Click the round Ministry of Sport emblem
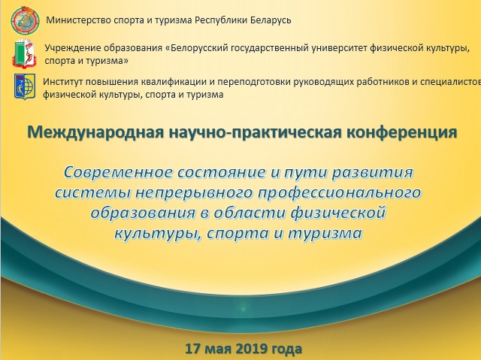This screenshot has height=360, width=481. (x=25, y=20)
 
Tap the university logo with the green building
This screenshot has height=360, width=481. (x=25, y=53)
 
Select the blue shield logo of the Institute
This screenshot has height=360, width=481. (x=25, y=86)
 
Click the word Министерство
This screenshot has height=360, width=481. (x=78, y=20)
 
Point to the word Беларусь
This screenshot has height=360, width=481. (x=271, y=20)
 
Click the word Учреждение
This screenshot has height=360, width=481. (x=73, y=48)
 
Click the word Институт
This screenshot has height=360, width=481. (x=62, y=82)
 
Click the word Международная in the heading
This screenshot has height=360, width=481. (x=95, y=132)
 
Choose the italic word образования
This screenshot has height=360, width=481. (x=143, y=213)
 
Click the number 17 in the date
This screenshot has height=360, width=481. (x=192, y=348)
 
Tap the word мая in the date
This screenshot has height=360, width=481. (x=217, y=349)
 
